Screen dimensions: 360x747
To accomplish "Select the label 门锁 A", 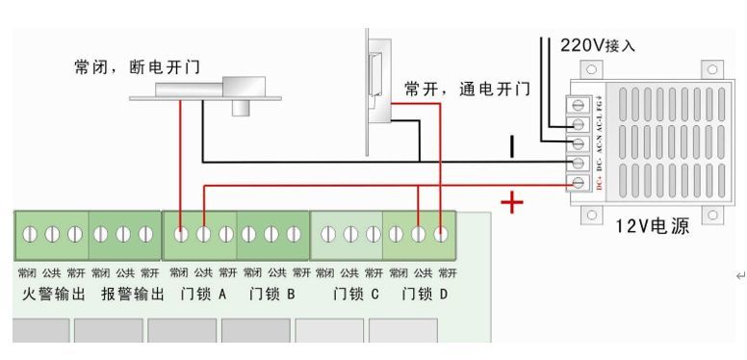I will pos(203,293).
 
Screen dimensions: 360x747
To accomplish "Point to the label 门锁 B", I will pos(270,293).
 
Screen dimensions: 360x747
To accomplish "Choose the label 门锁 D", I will pos(424,293).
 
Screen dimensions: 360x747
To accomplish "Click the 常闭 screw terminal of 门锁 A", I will pos(181,234).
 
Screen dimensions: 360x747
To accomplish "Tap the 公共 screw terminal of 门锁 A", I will pos(203,234).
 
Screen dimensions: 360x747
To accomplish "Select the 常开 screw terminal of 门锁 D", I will pos(441,234).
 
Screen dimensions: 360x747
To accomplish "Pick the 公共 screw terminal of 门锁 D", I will pos(419,234).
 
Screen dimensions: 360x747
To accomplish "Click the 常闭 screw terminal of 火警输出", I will pos(29,234).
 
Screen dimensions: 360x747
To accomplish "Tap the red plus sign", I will pos(512,202).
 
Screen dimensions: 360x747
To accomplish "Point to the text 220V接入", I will pos(598,44).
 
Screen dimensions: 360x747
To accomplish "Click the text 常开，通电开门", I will pos(467,90).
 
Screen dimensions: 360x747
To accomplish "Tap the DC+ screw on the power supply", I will pos(580,183).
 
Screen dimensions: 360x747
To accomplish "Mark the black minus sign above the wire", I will pos(512,145).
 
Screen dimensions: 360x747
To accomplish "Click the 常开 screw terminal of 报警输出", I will pos(146,234).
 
